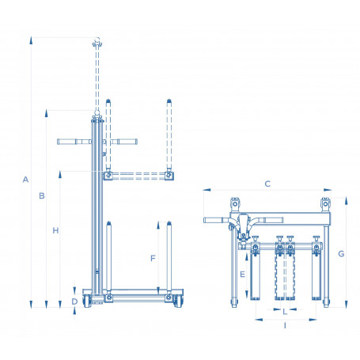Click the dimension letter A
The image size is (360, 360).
click(25, 180)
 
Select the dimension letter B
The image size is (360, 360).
click(42, 195)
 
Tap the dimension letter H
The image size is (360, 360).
click(55, 230)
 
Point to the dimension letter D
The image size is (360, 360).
click(75, 301)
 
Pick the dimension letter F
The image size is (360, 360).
click(153, 258)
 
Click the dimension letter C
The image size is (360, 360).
click(267, 184)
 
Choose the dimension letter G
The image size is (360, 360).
click(341, 254)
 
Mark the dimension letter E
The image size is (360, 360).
click(242, 275)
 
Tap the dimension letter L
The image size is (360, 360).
click(285, 312)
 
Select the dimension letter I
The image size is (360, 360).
click(285, 326)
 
